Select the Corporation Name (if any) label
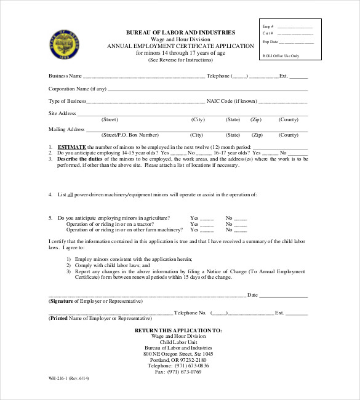coord(78,89)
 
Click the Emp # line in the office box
coord(294,28)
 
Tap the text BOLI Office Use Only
coord(281,55)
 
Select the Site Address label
coord(62,113)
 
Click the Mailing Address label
coord(66,129)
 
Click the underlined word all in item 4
coord(78,194)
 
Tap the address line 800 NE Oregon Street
coord(178,354)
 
